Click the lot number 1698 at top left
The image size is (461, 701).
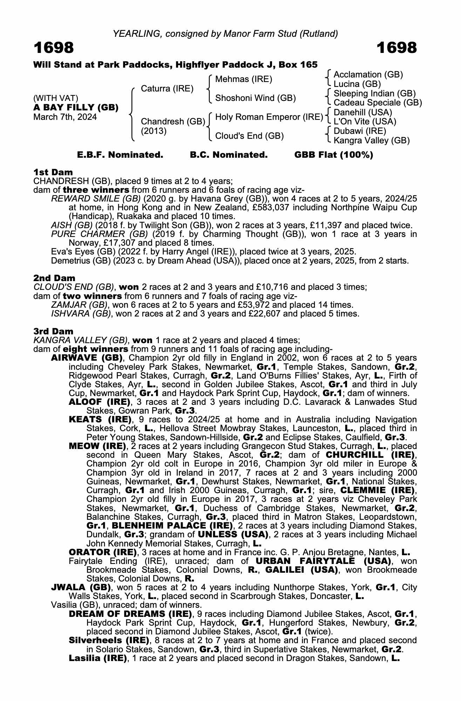(x=54, y=48)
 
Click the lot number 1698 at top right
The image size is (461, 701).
(x=397, y=48)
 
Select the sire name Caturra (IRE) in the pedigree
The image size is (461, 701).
(x=167, y=89)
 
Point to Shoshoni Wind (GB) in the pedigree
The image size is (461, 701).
(x=255, y=98)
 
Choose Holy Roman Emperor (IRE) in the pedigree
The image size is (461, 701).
(x=269, y=117)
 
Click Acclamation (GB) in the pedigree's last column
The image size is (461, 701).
(x=368, y=75)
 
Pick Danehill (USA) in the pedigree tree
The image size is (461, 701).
(x=362, y=113)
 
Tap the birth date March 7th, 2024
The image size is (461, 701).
(x=65, y=117)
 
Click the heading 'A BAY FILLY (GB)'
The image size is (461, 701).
(x=76, y=108)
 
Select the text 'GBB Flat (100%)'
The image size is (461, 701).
(x=333, y=155)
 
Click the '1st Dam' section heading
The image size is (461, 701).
(x=53, y=172)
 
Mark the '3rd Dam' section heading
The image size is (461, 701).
(x=53, y=331)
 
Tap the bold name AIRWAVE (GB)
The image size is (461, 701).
(x=87, y=358)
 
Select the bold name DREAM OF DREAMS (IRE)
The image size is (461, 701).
(x=130, y=614)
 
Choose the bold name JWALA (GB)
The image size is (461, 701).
(x=81, y=587)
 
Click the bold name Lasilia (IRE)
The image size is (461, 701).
(x=98, y=658)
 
